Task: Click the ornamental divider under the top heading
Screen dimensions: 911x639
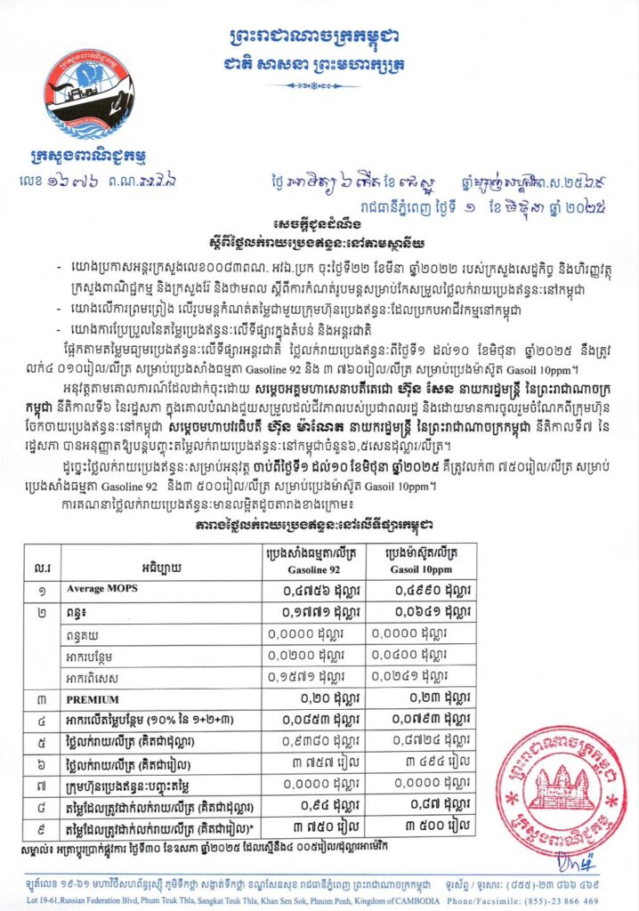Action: coord(319,85)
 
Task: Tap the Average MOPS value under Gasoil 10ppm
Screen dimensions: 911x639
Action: coord(417,589)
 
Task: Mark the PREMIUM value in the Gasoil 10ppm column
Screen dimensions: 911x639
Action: coord(417,699)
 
